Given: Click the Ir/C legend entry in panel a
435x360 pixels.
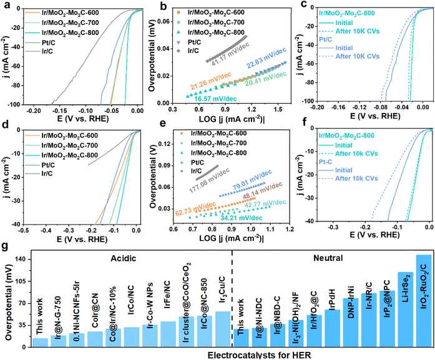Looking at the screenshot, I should pyautogui.click(x=46, y=51).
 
